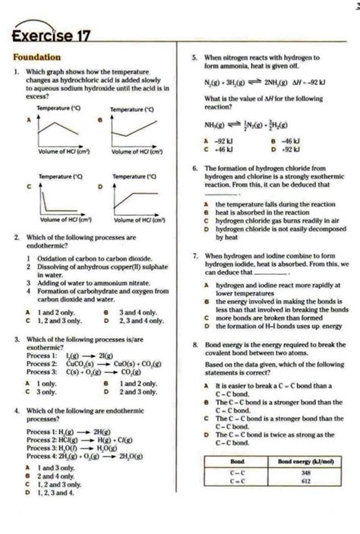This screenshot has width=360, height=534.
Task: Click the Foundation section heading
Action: tap(37, 57)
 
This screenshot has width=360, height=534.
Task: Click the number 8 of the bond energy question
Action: tap(196, 344)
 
